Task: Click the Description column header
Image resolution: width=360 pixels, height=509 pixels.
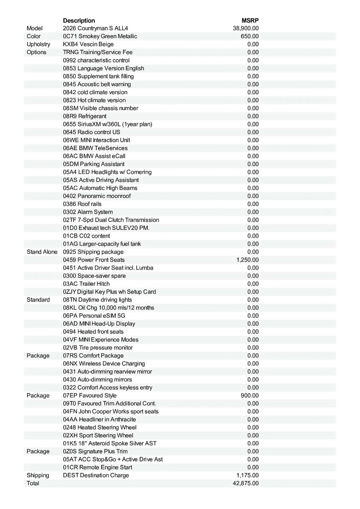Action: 79,20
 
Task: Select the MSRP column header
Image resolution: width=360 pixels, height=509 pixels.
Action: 250,20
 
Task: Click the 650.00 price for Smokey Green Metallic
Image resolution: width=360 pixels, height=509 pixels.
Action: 250,36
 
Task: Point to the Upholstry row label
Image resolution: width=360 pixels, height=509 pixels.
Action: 38,45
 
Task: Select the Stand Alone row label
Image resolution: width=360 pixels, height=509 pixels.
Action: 42,252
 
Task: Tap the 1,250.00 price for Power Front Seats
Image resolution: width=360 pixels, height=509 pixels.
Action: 247,260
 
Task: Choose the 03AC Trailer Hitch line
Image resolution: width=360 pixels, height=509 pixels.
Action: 86,284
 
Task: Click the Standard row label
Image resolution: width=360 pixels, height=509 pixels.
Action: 38,300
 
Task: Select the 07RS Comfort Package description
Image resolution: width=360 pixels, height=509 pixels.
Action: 93,356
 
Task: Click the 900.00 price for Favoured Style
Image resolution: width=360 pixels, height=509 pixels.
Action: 250,396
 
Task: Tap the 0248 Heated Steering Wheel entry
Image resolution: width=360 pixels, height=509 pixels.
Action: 100,428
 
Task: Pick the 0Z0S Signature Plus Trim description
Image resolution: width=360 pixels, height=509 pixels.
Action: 95,451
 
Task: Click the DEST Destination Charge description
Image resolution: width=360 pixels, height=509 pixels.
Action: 96,475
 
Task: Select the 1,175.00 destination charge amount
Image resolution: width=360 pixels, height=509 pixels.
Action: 247,475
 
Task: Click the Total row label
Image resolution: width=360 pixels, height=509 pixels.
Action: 33,484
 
